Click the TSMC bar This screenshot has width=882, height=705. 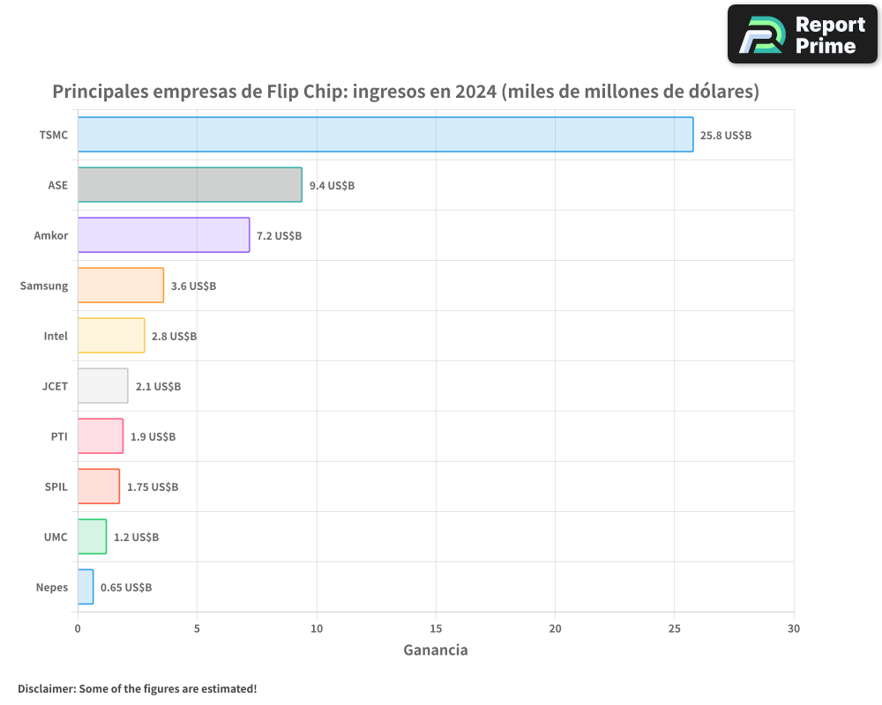(385, 135)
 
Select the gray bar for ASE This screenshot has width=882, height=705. (190, 185)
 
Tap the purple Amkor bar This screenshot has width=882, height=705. (163, 235)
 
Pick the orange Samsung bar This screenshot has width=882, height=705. (121, 286)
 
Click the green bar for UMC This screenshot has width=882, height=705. (92, 537)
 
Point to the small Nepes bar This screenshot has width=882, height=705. (86, 587)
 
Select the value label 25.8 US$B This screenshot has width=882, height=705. (726, 136)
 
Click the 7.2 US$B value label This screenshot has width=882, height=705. (279, 236)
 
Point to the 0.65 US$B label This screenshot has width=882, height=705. (126, 588)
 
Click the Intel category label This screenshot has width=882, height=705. (56, 336)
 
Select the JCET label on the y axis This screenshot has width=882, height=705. (55, 386)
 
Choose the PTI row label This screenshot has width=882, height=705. (59, 436)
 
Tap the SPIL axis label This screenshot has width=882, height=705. (56, 486)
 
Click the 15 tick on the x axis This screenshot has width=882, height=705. (436, 628)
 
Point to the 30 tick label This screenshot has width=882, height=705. (794, 628)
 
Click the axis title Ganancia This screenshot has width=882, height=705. (436, 650)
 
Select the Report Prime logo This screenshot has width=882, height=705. (802, 34)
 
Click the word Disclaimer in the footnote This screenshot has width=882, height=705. (45, 688)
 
